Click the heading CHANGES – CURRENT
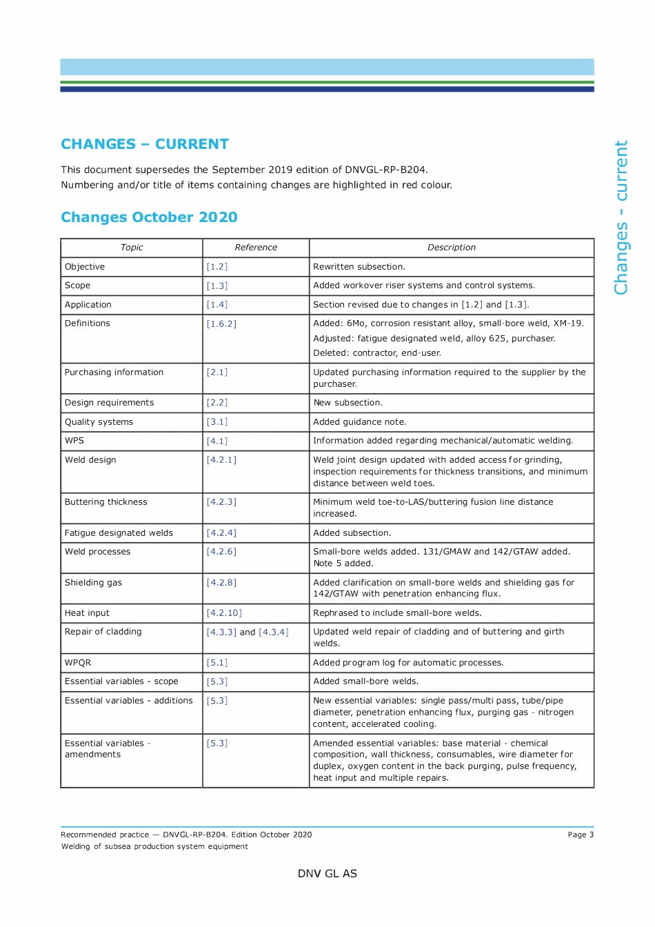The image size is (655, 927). [x=144, y=144]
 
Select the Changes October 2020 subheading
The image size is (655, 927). [x=149, y=217]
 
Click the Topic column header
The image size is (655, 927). [x=132, y=248]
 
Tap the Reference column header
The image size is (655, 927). [x=256, y=248]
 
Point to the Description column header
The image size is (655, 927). [x=451, y=248]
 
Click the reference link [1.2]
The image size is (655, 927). [x=216, y=267]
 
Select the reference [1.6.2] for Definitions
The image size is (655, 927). [x=221, y=323]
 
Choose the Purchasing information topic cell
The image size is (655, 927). [x=114, y=372]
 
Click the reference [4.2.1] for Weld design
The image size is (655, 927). [x=221, y=460]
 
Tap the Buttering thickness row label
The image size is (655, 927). [x=105, y=502]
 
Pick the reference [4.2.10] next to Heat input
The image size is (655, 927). [x=224, y=613]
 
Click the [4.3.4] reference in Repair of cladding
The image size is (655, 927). [x=274, y=632]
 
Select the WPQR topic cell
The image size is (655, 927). [x=78, y=663]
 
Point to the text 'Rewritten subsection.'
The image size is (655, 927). [x=359, y=267]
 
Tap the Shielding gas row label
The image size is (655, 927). [x=93, y=583]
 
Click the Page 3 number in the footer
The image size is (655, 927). [x=580, y=835]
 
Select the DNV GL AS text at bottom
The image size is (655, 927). [x=327, y=874]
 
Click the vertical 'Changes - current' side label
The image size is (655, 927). [x=621, y=218]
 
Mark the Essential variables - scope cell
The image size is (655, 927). [x=121, y=681]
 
